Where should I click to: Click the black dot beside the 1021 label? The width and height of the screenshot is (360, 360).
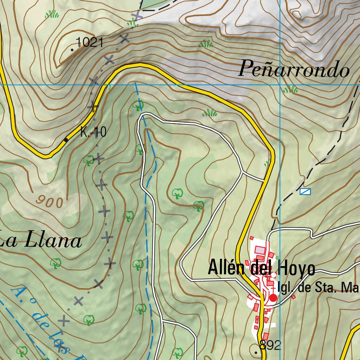pos(72,50)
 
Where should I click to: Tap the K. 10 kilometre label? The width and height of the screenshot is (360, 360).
pos(93,132)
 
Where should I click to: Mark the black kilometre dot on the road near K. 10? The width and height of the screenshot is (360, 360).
pos(66,140)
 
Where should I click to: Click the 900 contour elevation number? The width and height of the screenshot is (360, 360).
pos(50,201)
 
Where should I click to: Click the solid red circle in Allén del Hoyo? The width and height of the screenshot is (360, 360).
pos(273,298)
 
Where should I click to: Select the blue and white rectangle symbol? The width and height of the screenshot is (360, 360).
pos(305,191)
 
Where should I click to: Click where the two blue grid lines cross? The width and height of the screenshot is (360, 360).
pos(280,85)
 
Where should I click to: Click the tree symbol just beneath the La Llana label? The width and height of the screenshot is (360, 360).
pos(56,263)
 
